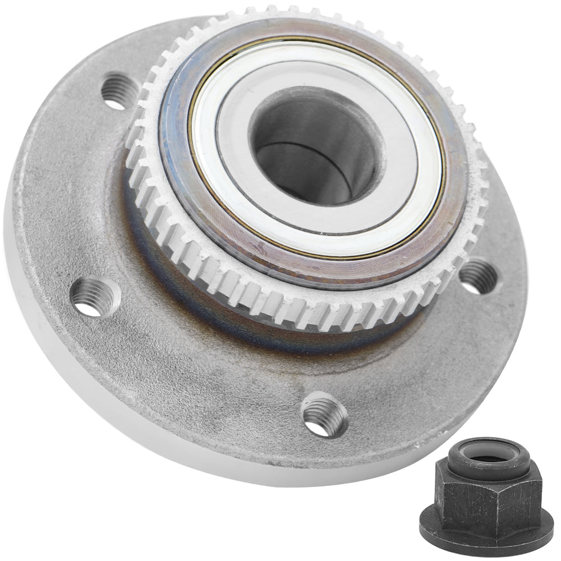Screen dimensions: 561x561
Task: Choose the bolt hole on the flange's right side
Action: pyautogui.click(x=477, y=276)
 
